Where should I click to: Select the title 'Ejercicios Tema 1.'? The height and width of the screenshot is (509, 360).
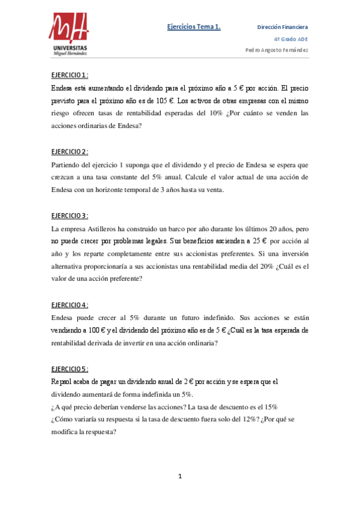pyautogui.click(x=194, y=26)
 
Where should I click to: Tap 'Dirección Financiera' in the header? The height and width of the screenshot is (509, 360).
pyautogui.click(x=283, y=27)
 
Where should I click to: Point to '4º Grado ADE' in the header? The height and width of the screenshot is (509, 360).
pyautogui.click(x=292, y=38)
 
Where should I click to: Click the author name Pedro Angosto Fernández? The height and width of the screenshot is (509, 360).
pyautogui.click(x=277, y=50)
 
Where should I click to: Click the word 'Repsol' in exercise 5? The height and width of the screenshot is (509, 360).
pyautogui.click(x=62, y=382)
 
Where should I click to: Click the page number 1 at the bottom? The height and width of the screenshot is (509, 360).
pyautogui.click(x=180, y=477)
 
